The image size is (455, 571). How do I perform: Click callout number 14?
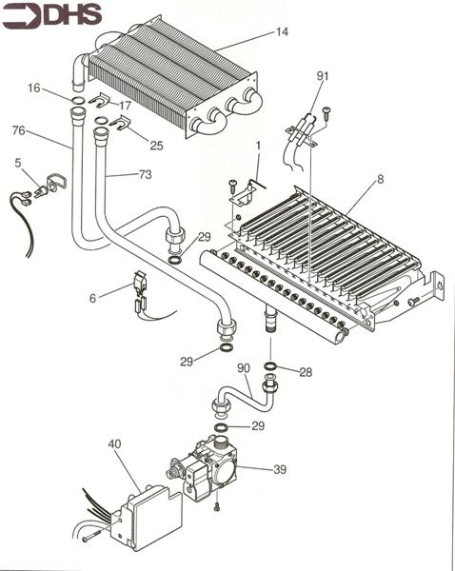coord(282,32)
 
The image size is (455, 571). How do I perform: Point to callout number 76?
coord(18,130)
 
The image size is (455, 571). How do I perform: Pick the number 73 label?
coord(145,175)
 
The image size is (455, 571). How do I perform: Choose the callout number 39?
coord(279,470)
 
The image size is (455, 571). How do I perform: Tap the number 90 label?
coord(243,367)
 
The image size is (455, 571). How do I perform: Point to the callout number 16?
coord(33,87)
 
